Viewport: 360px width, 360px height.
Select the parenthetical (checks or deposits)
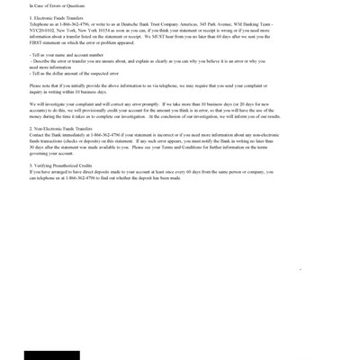click(105, 141)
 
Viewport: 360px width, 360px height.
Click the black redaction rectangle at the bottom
click(51, 355)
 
